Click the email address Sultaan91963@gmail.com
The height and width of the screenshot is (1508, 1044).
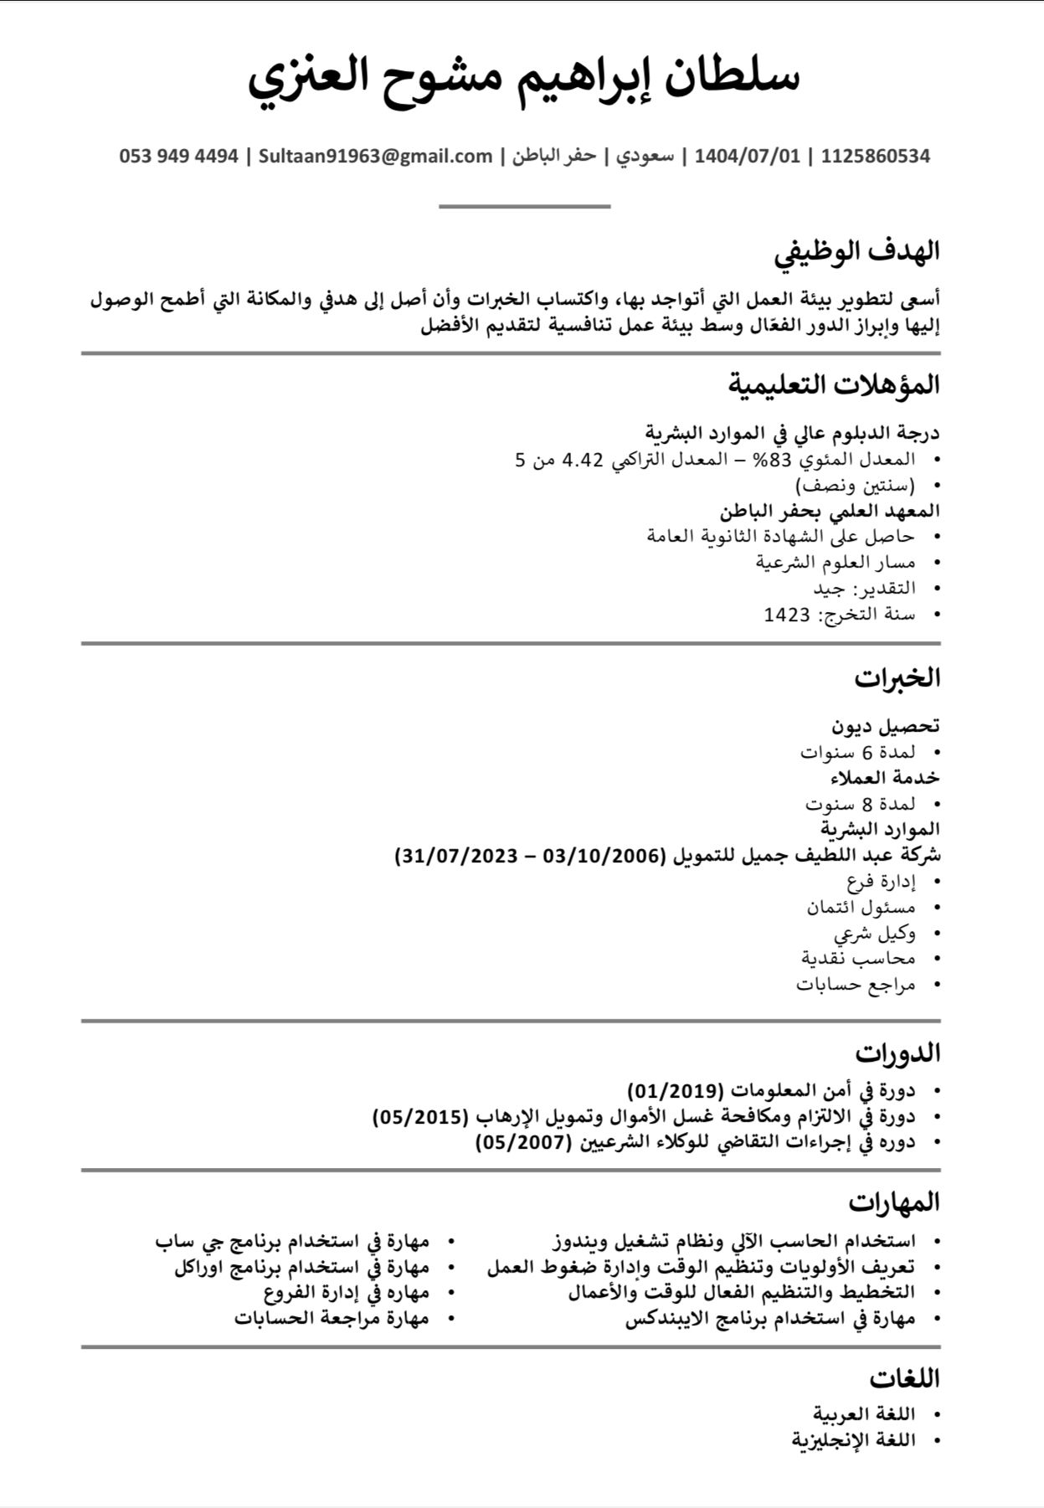(375, 156)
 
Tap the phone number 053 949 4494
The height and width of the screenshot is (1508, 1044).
(179, 156)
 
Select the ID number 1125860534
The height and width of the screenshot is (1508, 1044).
(875, 156)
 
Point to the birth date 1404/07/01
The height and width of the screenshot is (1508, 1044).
(748, 156)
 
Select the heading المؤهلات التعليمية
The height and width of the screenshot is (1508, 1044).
(833, 384)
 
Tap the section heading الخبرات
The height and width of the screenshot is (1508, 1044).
(897, 677)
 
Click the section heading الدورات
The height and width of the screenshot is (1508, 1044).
(898, 1052)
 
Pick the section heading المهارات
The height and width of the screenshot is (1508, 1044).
(894, 1202)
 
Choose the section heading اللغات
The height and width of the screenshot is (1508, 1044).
(904, 1377)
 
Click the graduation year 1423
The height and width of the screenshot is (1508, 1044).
(787, 615)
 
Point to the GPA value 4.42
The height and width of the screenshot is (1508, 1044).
(583, 460)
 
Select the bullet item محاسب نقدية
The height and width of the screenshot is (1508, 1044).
(858, 958)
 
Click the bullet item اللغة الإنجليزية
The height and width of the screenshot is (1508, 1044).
(853, 1440)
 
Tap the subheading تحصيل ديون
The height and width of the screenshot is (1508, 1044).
(885, 725)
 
